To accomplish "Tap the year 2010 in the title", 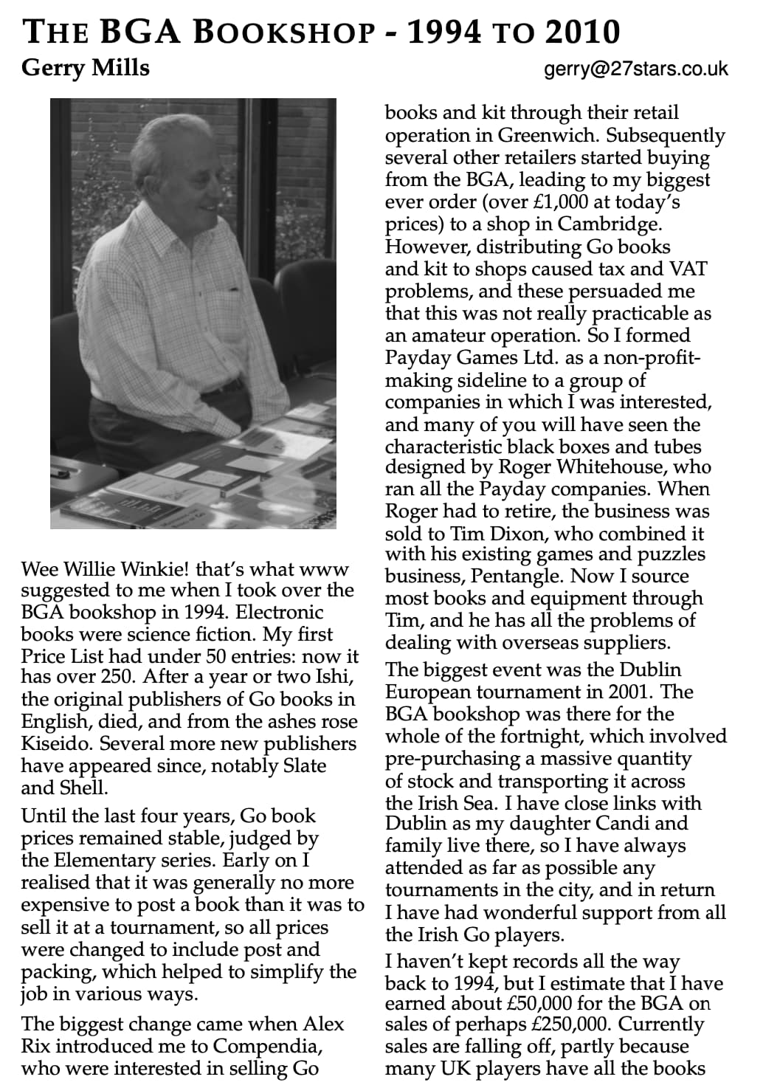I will (582, 32).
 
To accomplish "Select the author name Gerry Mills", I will (86, 68).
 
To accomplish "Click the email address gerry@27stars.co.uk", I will (635, 69).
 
